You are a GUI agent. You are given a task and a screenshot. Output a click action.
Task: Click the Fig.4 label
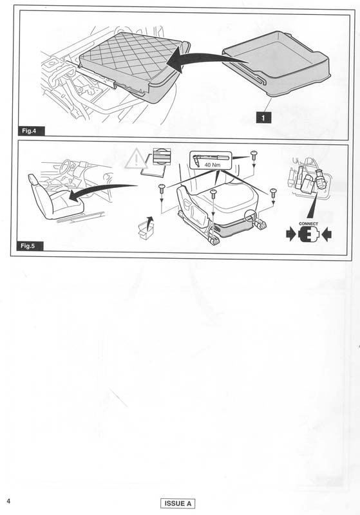[x=31, y=131]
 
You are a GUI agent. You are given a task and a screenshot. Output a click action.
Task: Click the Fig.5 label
[x=30, y=246]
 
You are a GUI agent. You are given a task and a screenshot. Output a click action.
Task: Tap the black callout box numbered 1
[x=263, y=117]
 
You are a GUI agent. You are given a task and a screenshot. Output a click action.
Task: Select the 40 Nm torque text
[x=212, y=165]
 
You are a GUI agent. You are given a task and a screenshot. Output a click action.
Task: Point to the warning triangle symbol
[x=136, y=159]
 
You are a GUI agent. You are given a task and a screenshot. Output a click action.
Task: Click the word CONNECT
[x=308, y=223]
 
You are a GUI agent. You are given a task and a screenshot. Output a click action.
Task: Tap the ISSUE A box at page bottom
[x=178, y=503]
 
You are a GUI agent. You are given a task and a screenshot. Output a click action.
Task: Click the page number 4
[x=8, y=501]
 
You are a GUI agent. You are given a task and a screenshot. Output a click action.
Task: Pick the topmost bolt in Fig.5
[x=254, y=156]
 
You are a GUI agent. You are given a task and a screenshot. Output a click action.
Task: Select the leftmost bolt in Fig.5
[x=161, y=189]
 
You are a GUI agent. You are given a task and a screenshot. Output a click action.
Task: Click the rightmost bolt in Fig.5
[x=273, y=192]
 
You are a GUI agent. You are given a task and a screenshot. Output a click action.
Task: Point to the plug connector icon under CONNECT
[x=308, y=234]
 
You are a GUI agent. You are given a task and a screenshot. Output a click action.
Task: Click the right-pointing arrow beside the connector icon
[x=291, y=235]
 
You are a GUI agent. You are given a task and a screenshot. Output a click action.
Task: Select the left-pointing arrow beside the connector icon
[x=327, y=235]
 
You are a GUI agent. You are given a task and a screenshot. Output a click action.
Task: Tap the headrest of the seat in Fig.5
[x=32, y=180]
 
